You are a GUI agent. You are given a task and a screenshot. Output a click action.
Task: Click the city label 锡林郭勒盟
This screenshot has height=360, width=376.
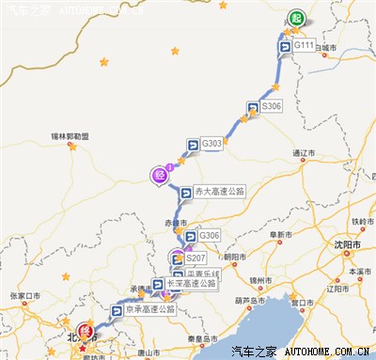coord(70,136)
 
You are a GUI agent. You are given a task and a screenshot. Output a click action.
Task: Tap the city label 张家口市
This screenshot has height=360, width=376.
coord(25,296)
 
